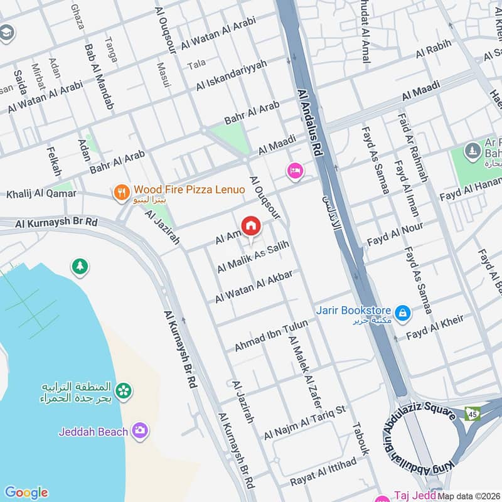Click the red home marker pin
(250, 226)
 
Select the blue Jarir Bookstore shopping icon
(402, 311)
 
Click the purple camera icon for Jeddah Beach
(139, 430)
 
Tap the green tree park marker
(80, 267)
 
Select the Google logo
(26, 492)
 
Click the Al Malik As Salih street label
(253, 259)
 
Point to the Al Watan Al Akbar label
(254, 287)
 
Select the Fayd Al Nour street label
(395, 233)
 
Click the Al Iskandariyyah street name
(232, 75)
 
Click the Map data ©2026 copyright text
(469, 496)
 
